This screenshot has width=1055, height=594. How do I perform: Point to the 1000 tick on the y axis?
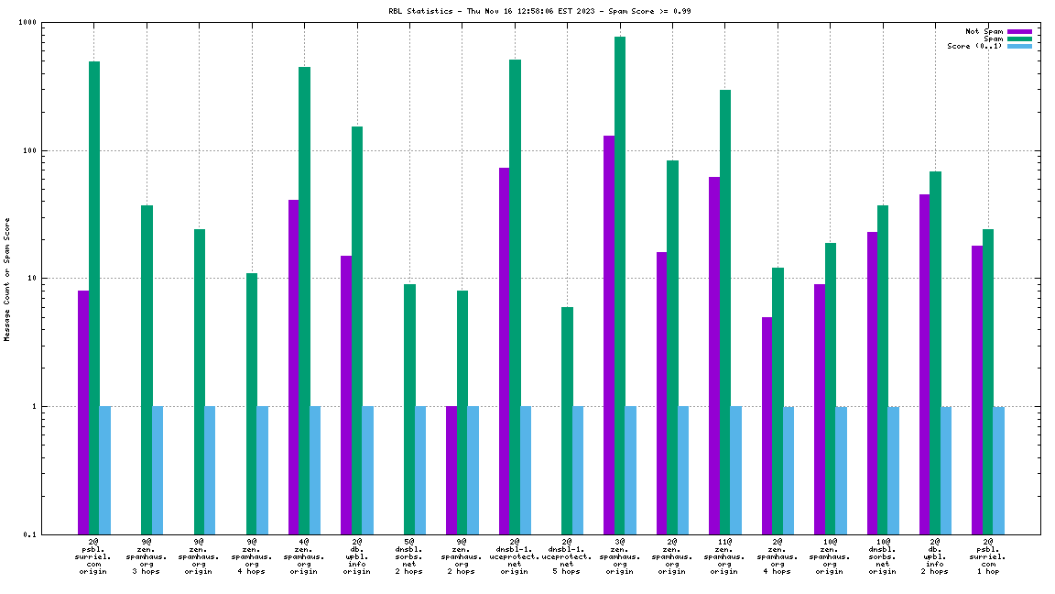[54, 22]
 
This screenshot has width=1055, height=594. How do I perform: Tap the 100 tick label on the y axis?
[56, 150]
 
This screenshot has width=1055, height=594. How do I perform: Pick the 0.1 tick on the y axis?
[56, 534]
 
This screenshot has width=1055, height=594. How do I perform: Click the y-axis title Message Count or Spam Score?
[7, 279]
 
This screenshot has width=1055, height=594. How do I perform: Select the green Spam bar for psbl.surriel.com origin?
[94, 297]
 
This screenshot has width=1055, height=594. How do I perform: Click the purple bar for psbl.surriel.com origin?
[83, 412]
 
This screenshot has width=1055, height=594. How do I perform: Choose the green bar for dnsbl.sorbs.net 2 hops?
[409, 409]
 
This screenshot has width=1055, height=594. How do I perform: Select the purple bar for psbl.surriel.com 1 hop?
[977, 390]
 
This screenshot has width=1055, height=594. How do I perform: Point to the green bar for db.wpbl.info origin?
[357, 330]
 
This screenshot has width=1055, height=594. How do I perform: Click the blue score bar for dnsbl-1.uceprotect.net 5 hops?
[578, 469]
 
